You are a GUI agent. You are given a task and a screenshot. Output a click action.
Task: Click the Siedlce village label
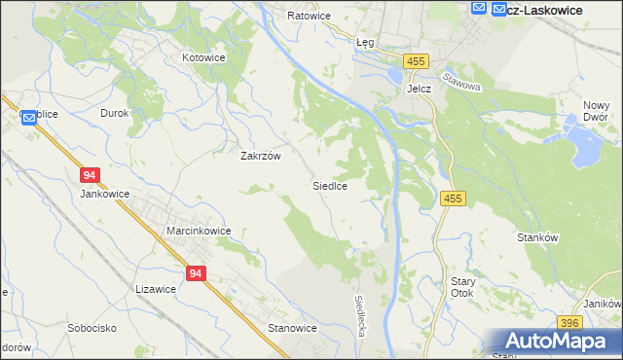[330, 184]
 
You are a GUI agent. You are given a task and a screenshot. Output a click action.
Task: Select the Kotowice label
[204, 57]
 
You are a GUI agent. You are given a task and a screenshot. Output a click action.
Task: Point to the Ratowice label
[310, 17]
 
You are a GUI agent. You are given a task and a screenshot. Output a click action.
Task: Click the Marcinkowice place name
[198, 231]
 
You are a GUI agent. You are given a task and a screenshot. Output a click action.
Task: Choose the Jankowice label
[105, 193]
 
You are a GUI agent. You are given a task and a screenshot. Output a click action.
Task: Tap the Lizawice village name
[156, 288]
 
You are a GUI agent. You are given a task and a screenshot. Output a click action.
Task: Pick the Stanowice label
[292, 328]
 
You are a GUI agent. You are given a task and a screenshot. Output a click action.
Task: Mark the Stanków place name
[536, 236]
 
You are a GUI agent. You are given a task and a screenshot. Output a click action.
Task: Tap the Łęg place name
[365, 43]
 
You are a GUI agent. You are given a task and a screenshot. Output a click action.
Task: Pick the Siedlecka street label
[360, 315]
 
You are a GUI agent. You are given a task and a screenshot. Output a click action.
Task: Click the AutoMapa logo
[557, 341]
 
